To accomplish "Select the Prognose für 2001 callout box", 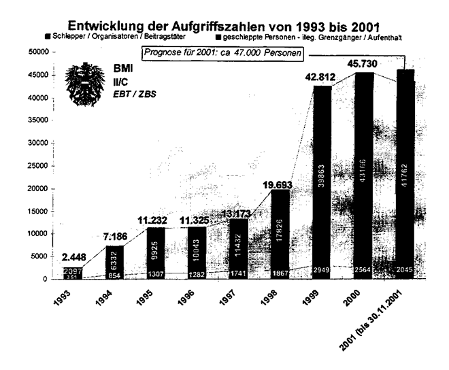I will click(x=222, y=53).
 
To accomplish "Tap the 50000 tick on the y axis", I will click(x=37, y=52).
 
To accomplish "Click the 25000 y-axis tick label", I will click(x=37, y=165).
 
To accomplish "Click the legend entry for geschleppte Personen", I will click(x=306, y=37).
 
